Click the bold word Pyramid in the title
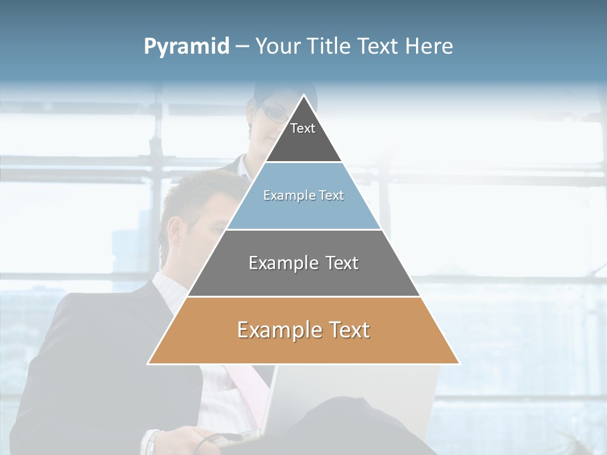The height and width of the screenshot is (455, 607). pyautogui.click(x=187, y=46)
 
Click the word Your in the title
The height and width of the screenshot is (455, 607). pyautogui.click(x=276, y=46)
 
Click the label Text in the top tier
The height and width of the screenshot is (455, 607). pyautogui.click(x=303, y=128)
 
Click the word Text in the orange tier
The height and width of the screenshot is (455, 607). pyautogui.click(x=342, y=330)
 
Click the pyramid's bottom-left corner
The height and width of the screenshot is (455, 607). pyautogui.click(x=148, y=364)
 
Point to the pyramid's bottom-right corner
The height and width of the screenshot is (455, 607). pyautogui.click(x=460, y=364)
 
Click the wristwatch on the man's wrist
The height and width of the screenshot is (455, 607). pyautogui.click(x=152, y=442)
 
